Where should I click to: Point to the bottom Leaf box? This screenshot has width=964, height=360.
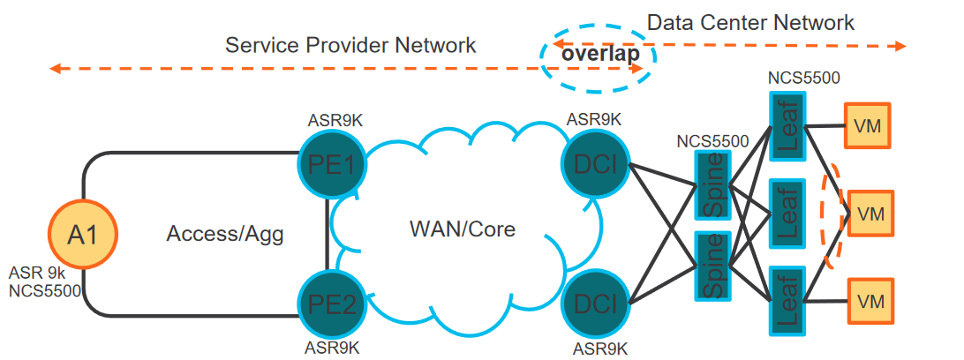pyautogui.click(x=787, y=300)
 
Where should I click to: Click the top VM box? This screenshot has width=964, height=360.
pyautogui.click(x=868, y=124)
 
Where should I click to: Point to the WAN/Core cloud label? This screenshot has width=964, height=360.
pyautogui.click(x=462, y=230)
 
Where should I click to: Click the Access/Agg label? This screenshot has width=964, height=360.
pyautogui.click(x=218, y=234)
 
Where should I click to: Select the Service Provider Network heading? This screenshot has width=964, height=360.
pyautogui.click(x=350, y=45)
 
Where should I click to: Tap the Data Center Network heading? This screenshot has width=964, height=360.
pyautogui.click(x=750, y=22)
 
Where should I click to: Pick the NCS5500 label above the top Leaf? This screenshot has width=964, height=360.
pyautogui.click(x=803, y=77)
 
